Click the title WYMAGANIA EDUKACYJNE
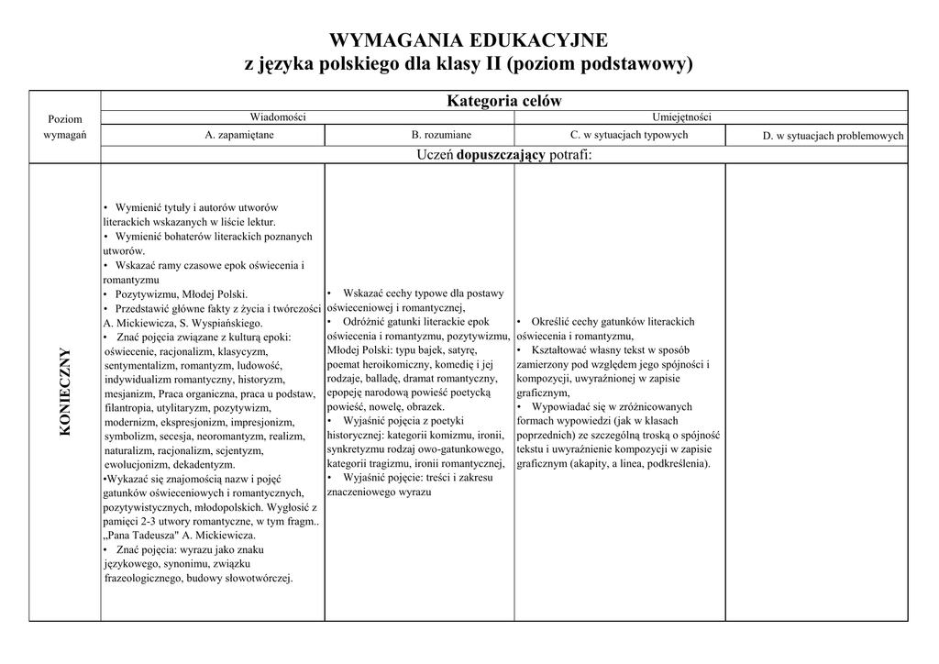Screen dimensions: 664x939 (468, 40)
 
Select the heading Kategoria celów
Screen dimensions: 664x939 (503, 100)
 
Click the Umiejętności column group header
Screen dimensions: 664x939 (681, 117)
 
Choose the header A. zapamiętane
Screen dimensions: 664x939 (239, 135)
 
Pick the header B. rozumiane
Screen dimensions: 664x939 (441, 135)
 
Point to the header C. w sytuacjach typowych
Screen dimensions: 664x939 (629, 135)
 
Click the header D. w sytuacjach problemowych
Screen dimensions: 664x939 (833, 136)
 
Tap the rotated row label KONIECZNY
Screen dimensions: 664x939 (65, 393)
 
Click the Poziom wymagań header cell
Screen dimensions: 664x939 (64, 127)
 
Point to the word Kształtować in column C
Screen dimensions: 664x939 (562, 350)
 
